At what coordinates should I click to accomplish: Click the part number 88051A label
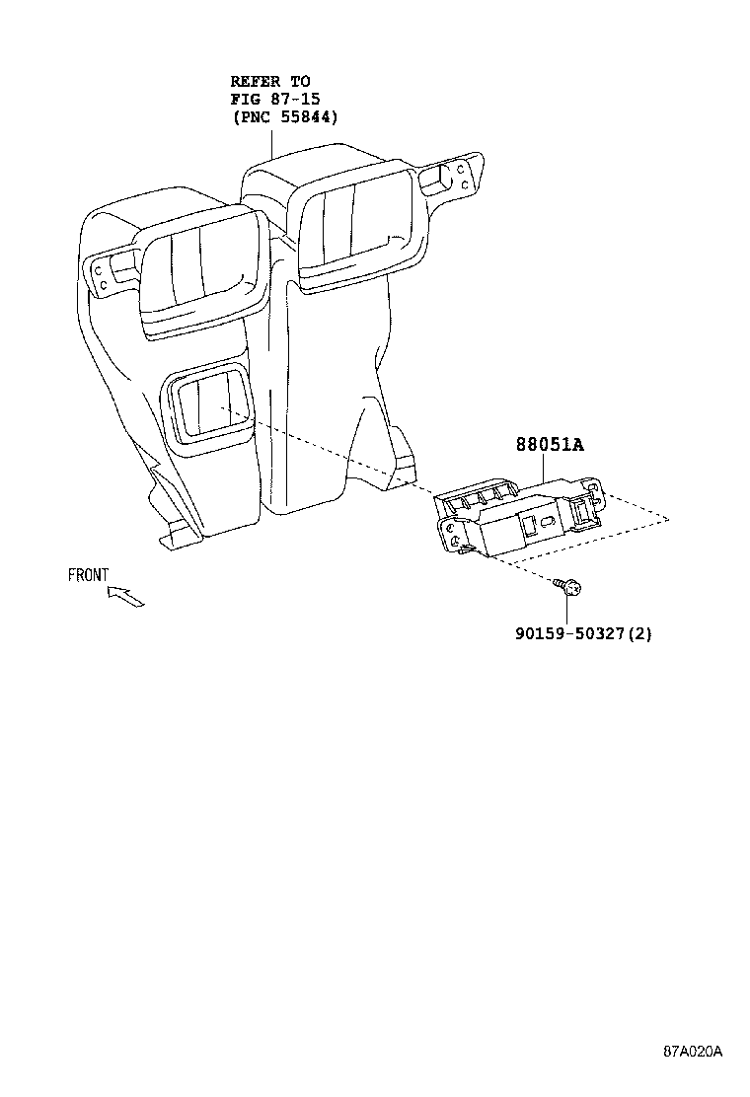[x=550, y=444]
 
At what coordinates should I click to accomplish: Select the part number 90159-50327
[x=569, y=634]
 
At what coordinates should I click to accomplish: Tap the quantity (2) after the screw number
[x=638, y=634]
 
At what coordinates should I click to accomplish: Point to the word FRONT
[x=88, y=575]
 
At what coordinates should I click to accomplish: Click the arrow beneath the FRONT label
[x=125, y=597]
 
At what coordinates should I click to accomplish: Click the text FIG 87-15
[x=275, y=99]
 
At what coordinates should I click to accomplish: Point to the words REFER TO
[x=270, y=81]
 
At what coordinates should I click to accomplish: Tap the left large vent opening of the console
[x=200, y=268]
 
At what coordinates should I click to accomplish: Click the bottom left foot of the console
[x=179, y=538]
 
